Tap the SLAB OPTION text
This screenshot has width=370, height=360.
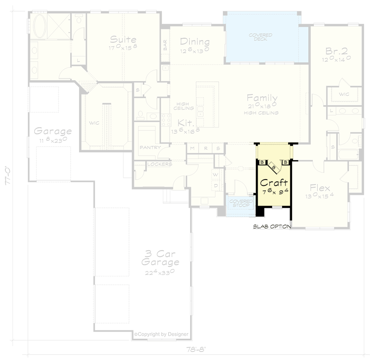272,226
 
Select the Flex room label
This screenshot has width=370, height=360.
320,188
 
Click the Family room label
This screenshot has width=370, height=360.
262,98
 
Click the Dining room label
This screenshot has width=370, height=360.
195,42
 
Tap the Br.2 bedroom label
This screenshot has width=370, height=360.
336,51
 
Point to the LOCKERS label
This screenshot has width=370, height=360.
160,164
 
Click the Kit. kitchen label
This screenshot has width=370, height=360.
186,122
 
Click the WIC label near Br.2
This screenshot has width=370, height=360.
344,94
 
